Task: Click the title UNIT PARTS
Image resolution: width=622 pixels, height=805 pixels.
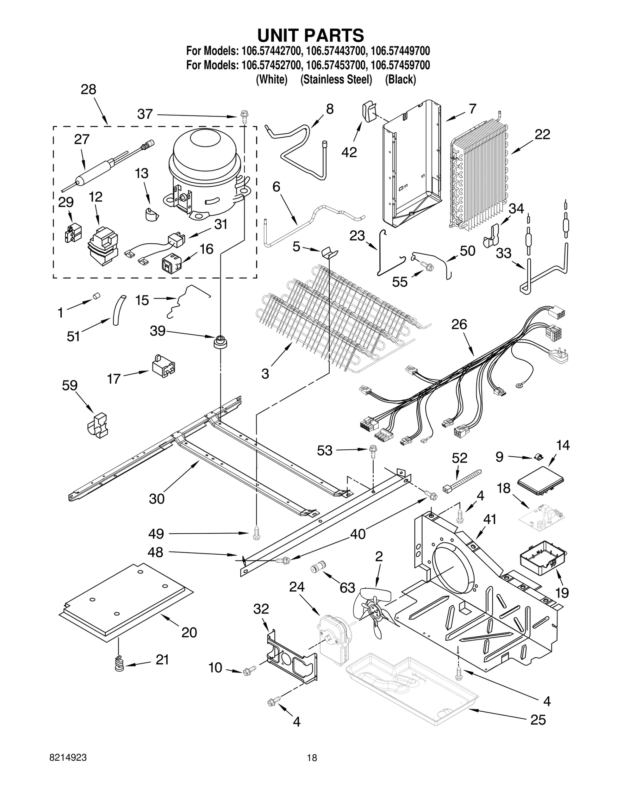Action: click(311, 35)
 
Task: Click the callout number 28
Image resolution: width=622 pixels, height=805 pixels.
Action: click(88, 90)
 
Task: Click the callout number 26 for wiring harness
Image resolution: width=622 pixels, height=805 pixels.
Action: click(459, 325)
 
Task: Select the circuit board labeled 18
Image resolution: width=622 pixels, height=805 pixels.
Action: click(543, 519)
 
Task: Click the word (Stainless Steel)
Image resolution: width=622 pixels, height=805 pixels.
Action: click(336, 80)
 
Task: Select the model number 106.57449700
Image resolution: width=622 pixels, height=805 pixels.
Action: click(400, 51)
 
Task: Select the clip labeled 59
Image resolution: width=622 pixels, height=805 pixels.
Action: click(97, 426)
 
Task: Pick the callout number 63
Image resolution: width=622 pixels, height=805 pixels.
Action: click(347, 587)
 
